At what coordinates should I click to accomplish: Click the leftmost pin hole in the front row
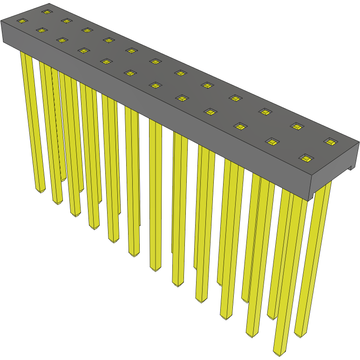pos(22,21)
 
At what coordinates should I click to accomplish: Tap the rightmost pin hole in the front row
pos(306,158)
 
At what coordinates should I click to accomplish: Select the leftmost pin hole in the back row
pos(46,12)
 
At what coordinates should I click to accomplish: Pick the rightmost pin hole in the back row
pos(330,141)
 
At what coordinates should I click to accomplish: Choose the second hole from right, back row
pos(297,126)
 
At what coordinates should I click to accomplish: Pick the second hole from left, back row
pos(66,21)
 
